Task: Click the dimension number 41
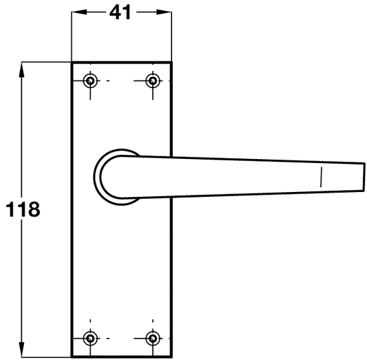(121, 13)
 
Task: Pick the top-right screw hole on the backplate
(153, 81)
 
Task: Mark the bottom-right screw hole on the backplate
(153, 337)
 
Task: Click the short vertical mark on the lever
(321, 177)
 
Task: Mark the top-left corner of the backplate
(73, 63)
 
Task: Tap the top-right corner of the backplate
(171, 63)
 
